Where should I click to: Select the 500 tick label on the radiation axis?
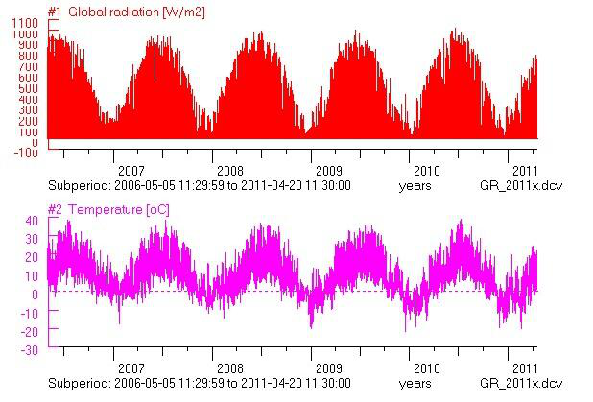28,88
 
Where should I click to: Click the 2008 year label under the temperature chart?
228,368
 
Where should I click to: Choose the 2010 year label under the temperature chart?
425,368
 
